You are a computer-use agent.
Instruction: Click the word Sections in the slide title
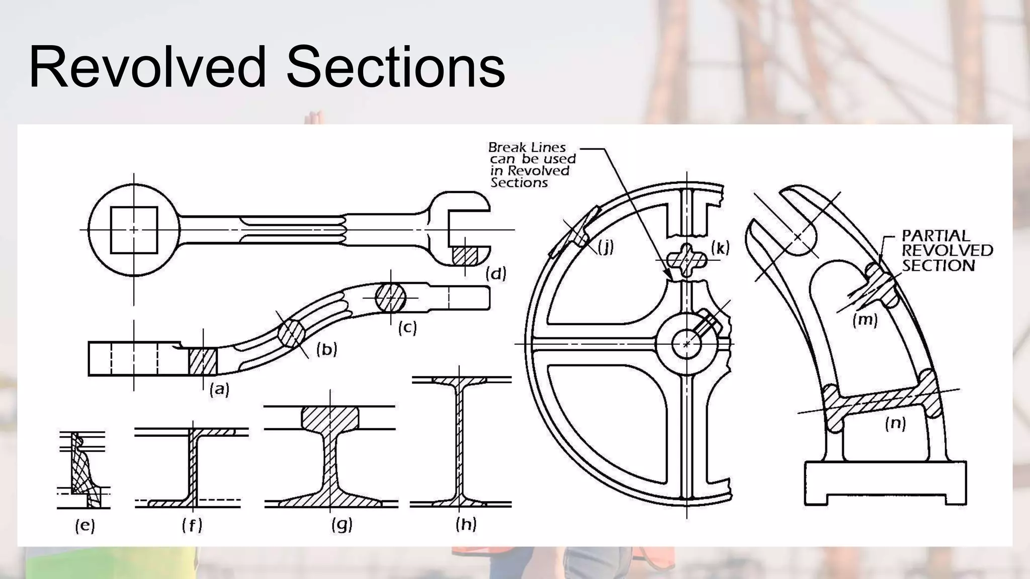[395, 67]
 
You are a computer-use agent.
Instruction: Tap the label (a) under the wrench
[220, 389]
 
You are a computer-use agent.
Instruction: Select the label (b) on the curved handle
[326, 349]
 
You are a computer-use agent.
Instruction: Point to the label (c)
[407, 328]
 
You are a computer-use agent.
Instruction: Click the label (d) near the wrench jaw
[496, 274]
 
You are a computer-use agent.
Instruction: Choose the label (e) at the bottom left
[84, 526]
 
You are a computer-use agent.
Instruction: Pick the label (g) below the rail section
[342, 525]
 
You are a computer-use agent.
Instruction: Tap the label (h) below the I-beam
[466, 524]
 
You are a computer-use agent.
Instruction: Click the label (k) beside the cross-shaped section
[720, 247]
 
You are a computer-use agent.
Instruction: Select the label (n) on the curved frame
[895, 423]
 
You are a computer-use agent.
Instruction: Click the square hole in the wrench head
[134, 230]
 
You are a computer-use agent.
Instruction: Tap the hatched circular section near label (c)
[391, 297]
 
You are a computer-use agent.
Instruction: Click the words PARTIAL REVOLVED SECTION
[947, 250]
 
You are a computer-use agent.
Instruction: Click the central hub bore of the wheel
[686, 344]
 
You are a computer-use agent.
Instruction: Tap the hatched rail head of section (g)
[330, 417]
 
